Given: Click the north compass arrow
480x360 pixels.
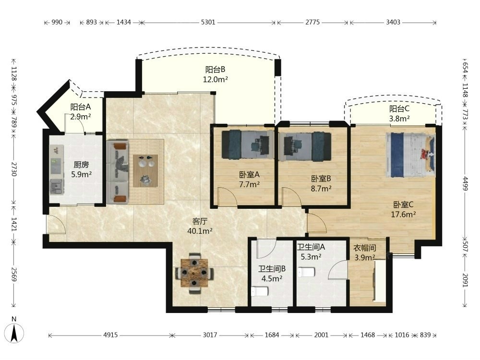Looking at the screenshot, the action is tap(14, 333).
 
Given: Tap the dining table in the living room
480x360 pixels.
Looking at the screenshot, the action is tap(194, 273).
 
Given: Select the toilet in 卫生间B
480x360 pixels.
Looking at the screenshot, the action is tap(260, 291).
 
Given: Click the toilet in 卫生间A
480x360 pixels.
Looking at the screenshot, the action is tap(306, 272).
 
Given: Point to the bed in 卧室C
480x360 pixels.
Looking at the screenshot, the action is tap(410, 155).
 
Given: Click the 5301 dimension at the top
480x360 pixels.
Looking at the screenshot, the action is tap(208, 23).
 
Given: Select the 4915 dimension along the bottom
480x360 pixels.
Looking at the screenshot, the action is tap(110, 335).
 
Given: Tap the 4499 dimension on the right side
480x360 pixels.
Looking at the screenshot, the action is tap(465, 183).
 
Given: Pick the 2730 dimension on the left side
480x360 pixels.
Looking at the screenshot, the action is tap(14, 169).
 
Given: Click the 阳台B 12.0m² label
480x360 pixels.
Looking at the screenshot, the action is tap(215, 74).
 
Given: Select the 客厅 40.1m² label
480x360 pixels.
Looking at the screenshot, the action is tap(200, 226).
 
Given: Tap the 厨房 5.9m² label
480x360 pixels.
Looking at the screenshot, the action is tap(82, 169).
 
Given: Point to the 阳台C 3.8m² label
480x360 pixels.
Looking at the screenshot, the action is tap(399, 114).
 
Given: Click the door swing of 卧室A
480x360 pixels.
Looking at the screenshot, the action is tap(228, 197).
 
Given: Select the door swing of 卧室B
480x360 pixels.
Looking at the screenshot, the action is tap(292, 197).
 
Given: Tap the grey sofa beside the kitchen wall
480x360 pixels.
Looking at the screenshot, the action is tap(118, 172).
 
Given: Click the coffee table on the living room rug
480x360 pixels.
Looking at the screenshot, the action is tap(145, 170).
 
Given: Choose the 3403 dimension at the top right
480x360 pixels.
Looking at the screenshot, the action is tap(393, 23).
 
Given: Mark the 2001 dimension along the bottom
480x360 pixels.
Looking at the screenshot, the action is tap(322, 335).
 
